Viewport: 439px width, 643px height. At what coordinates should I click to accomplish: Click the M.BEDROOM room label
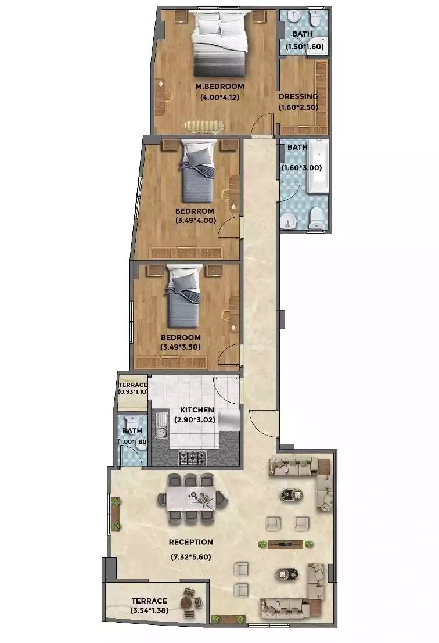click(219, 87)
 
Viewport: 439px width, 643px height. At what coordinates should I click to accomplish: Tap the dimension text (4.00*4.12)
click(219, 98)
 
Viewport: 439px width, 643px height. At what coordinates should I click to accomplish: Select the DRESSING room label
click(298, 96)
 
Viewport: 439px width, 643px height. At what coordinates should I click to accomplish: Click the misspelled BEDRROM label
click(196, 211)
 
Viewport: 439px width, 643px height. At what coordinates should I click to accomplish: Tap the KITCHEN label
click(197, 410)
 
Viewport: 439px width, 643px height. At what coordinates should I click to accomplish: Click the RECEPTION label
click(190, 542)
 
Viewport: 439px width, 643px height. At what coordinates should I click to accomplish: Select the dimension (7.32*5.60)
click(190, 557)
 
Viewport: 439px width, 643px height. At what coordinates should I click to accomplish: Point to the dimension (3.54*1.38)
click(149, 610)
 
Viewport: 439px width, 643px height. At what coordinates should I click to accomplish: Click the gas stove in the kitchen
click(192, 458)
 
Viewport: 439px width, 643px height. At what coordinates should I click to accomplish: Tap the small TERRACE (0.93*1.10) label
click(132, 385)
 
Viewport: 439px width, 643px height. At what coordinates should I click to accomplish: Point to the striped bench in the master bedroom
click(203, 125)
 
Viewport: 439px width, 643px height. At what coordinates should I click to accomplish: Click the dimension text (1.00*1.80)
click(131, 441)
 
